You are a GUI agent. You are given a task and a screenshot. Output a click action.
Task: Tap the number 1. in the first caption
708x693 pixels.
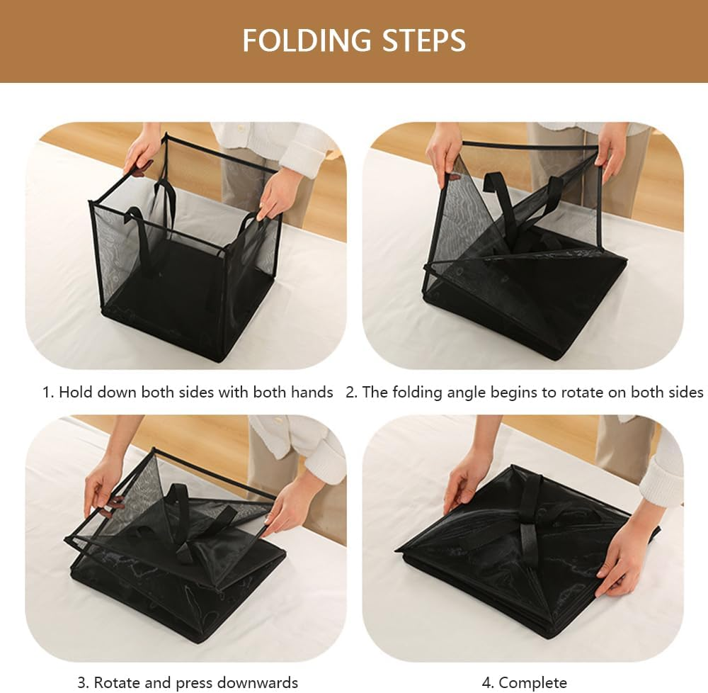48,393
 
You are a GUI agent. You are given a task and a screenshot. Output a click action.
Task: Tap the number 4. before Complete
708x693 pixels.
489,683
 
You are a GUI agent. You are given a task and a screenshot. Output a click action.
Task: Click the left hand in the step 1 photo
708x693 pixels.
142,152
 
